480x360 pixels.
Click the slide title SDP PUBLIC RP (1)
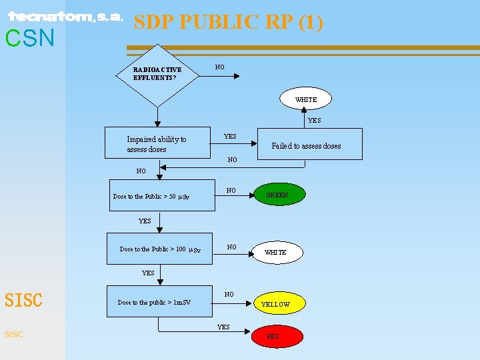pyautogui.click(x=229, y=22)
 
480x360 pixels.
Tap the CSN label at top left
pyautogui.click(x=30, y=39)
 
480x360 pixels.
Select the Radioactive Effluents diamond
pyautogui.click(x=157, y=74)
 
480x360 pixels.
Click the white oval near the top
pyautogui.click(x=306, y=100)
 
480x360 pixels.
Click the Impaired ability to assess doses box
pyautogui.click(x=158, y=144)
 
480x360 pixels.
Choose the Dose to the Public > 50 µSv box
pyautogui.click(x=162, y=196)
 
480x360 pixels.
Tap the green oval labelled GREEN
pyautogui.click(x=277, y=195)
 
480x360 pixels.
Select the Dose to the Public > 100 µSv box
pyautogui.click(x=161, y=249)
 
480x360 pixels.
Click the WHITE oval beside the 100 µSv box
pyautogui.click(x=275, y=253)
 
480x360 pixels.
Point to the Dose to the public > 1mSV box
pyautogui.click(x=158, y=302)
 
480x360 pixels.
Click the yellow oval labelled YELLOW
pyautogui.click(x=275, y=304)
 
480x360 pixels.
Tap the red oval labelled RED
pyautogui.click(x=273, y=337)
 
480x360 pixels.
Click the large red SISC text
pyautogui.click(x=24, y=301)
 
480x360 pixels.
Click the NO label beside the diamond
pyautogui.click(x=219, y=67)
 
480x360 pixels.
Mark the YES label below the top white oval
pyautogui.click(x=314, y=121)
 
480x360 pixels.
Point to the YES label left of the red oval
pyautogui.click(x=223, y=327)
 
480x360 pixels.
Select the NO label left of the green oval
pyautogui.click(x=231, y=191)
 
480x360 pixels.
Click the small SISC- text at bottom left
pyautogui.click(x=15, y=334)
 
